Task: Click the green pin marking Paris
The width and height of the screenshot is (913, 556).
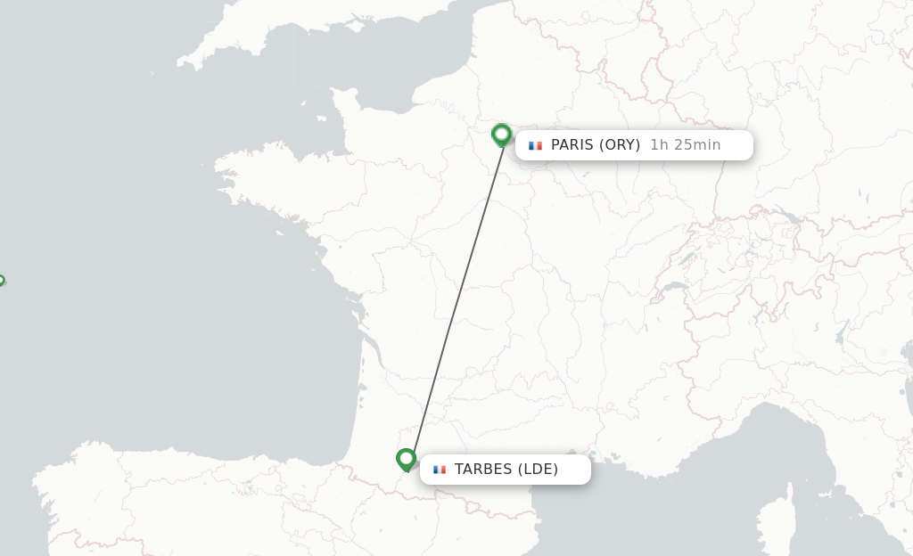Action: [501, 135]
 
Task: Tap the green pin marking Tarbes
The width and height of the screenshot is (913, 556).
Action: [406, 459]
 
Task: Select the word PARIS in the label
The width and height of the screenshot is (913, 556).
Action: [571, 144]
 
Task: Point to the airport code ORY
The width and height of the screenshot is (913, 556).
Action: [620, 144]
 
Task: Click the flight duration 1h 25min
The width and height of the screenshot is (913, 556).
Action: [685, 144]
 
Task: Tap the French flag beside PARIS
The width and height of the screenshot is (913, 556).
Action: [535, 145]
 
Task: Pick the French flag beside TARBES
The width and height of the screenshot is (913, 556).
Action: [439, 470]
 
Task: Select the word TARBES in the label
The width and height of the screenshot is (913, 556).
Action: [482, 470]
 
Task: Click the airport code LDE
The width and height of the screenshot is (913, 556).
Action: [538, 470]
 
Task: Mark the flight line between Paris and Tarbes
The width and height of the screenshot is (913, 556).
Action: [455, 298]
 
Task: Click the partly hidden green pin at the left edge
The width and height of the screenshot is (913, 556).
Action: [1, 281]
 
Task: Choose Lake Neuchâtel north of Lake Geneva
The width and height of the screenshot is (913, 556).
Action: [687, 258]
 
